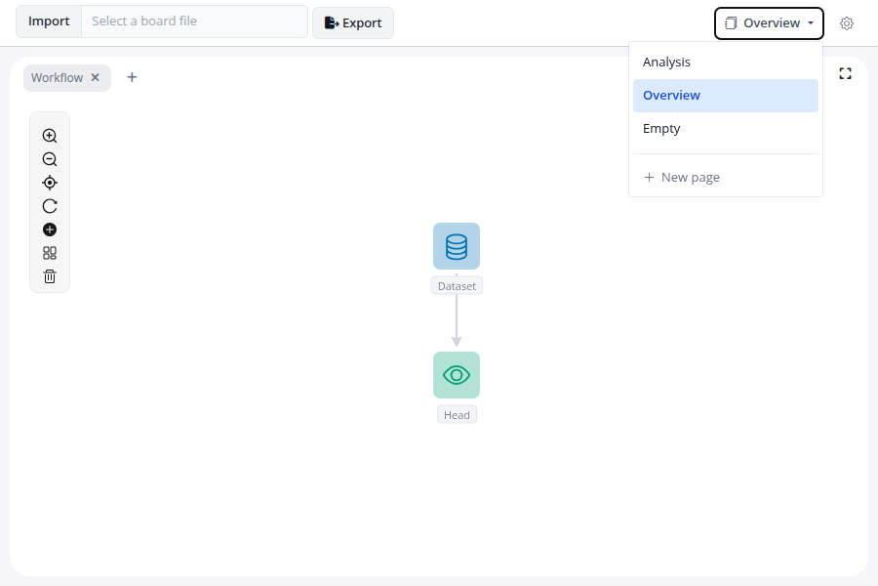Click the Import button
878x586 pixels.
coord(49,21)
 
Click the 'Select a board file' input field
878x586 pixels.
coord(194,21)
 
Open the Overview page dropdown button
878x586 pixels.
coord(769,23)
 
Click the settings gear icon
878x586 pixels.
coord(847,23)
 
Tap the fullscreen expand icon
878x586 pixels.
coord(845,73)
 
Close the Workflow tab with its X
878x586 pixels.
coord(96,77)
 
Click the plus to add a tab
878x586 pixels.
coord(132,77)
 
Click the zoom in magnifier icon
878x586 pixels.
coord(50,136)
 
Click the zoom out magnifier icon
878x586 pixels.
coord(50,159)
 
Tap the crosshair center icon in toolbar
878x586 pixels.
coord(50,183)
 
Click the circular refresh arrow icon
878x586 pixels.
coord(50,206)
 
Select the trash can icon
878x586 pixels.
coord(50,276)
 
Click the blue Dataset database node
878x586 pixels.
coord(457,246)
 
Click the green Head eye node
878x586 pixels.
coord(457,375)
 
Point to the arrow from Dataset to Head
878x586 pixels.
coord(457,320)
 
